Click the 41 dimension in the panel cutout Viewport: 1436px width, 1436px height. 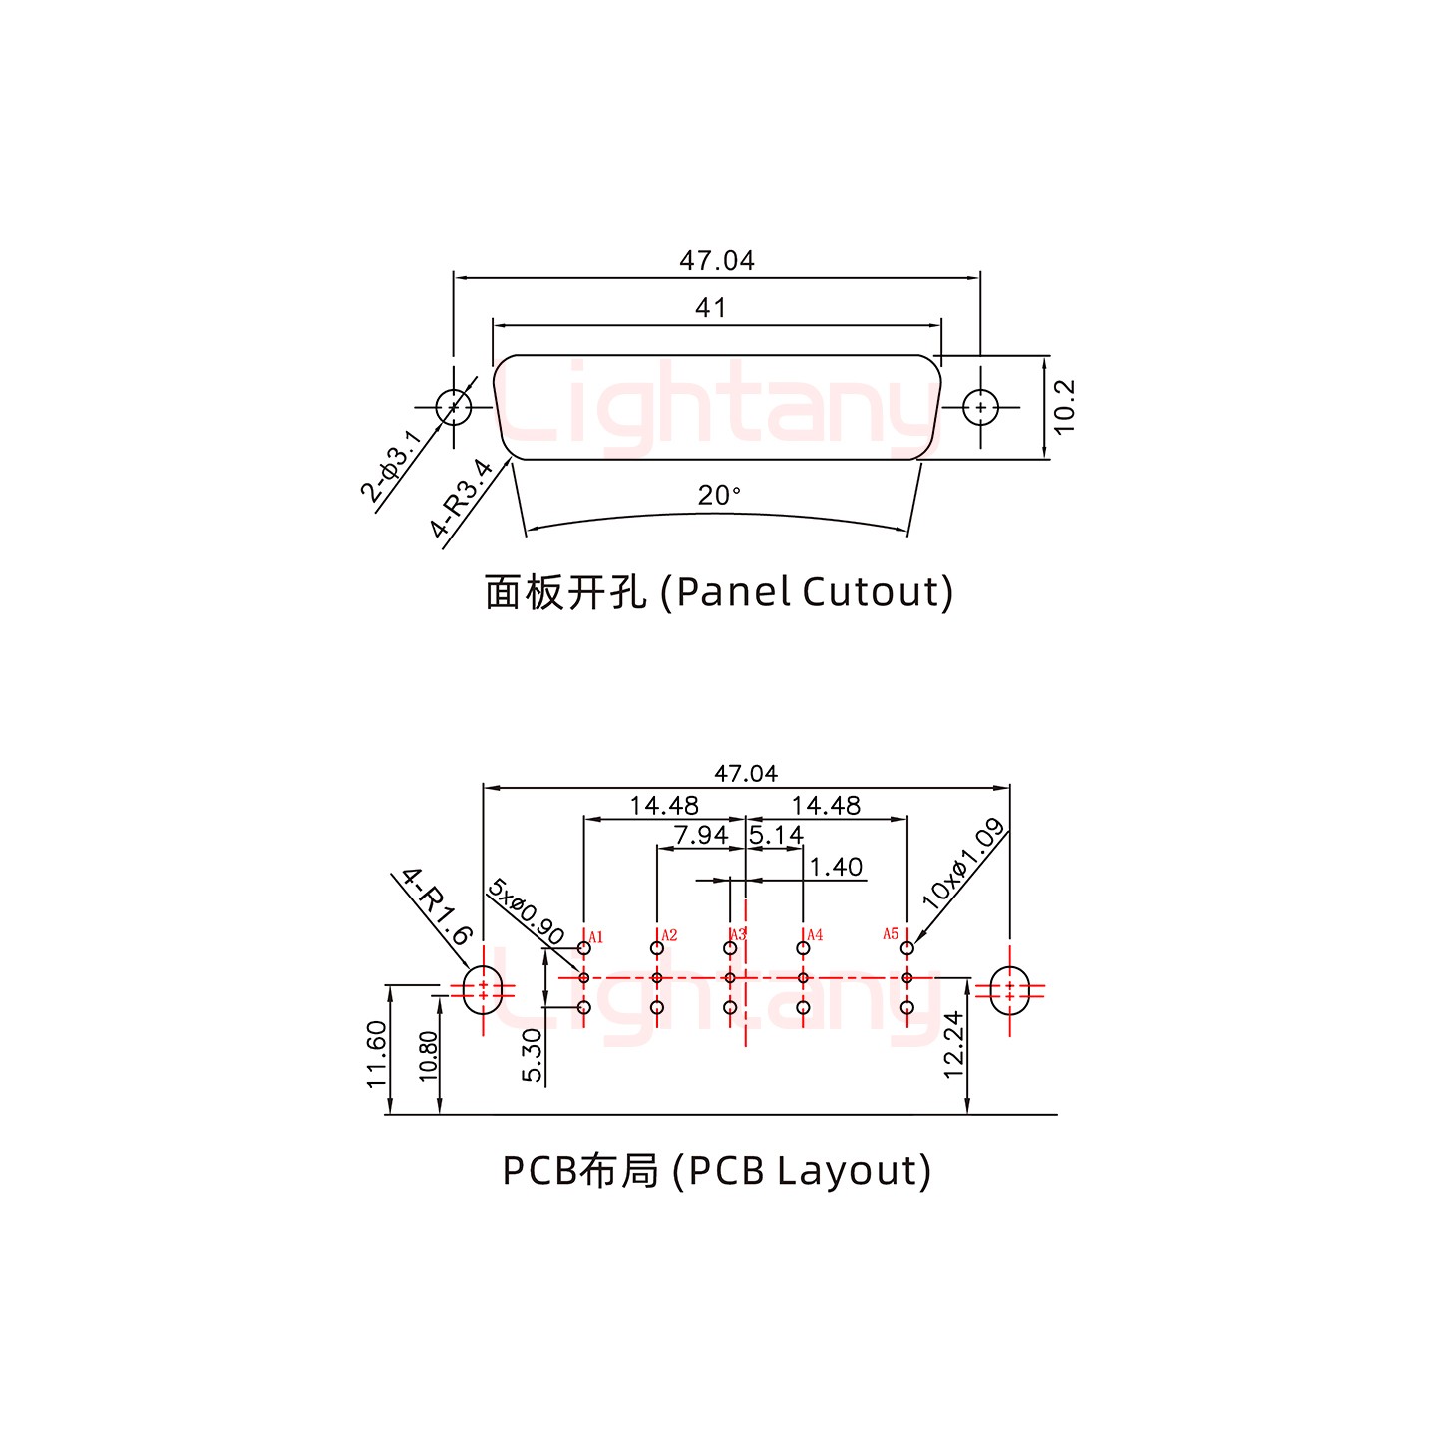tap(710, 308)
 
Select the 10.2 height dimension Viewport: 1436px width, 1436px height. tap(1064, 406)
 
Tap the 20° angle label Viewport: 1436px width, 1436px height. tap(719, 495)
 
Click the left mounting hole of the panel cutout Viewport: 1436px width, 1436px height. tap(454, 407)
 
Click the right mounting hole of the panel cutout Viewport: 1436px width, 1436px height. tap(981, 407)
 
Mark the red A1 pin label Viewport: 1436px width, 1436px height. tap(596, 937)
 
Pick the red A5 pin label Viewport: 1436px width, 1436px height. tap(891, 934)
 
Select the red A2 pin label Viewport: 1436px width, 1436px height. tap(669, 935)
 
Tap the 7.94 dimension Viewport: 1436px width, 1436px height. tap(700, 834)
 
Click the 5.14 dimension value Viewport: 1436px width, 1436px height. tap(776, 834)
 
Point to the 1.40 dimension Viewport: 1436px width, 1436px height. tap(836, 867)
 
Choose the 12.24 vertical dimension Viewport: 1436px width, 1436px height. tap(953, 1044)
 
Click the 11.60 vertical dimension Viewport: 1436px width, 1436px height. tap(376, 1053)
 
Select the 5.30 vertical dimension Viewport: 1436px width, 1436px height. tap(533, 1055)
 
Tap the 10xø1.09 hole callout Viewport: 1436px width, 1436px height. tap(962, 863)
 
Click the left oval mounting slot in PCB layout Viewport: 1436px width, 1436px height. tap(483, 989)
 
